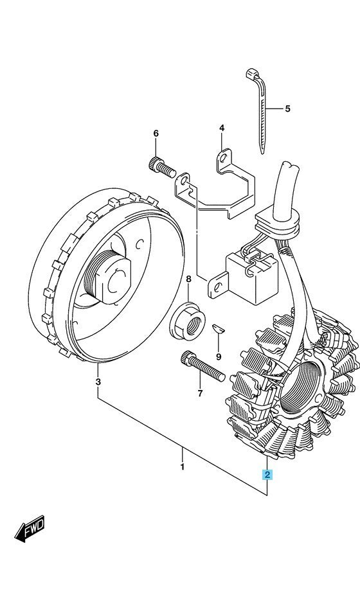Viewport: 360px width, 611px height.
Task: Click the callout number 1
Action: point(182,466)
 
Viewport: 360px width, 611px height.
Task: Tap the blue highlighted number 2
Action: point(267,474)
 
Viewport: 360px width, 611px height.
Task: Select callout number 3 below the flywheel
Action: point(98,382)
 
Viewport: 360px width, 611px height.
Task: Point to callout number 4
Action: point(222,128)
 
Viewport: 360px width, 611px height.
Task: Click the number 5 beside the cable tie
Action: point(287,109)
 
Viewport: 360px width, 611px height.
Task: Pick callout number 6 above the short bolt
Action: point(156,134)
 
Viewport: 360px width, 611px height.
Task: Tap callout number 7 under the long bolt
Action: point(200,394)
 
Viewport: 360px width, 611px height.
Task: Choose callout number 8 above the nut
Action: point(188,279)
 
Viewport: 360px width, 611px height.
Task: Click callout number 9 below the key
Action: point(219,357)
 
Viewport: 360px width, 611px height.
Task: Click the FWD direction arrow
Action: point(30,529)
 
